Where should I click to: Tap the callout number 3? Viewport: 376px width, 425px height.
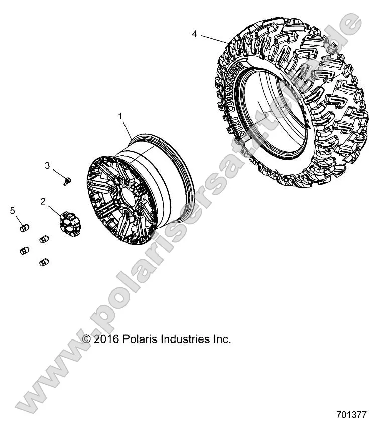[48, 166]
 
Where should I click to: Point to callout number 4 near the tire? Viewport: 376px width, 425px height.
[194, 34]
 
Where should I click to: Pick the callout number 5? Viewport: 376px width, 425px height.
[13, 211]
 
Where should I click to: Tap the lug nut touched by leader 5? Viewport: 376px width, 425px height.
[23, 229]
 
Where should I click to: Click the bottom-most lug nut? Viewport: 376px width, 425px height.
[43, 262]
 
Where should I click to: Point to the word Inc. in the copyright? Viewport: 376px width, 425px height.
[221, 339]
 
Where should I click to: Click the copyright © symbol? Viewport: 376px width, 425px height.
[87, 339]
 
